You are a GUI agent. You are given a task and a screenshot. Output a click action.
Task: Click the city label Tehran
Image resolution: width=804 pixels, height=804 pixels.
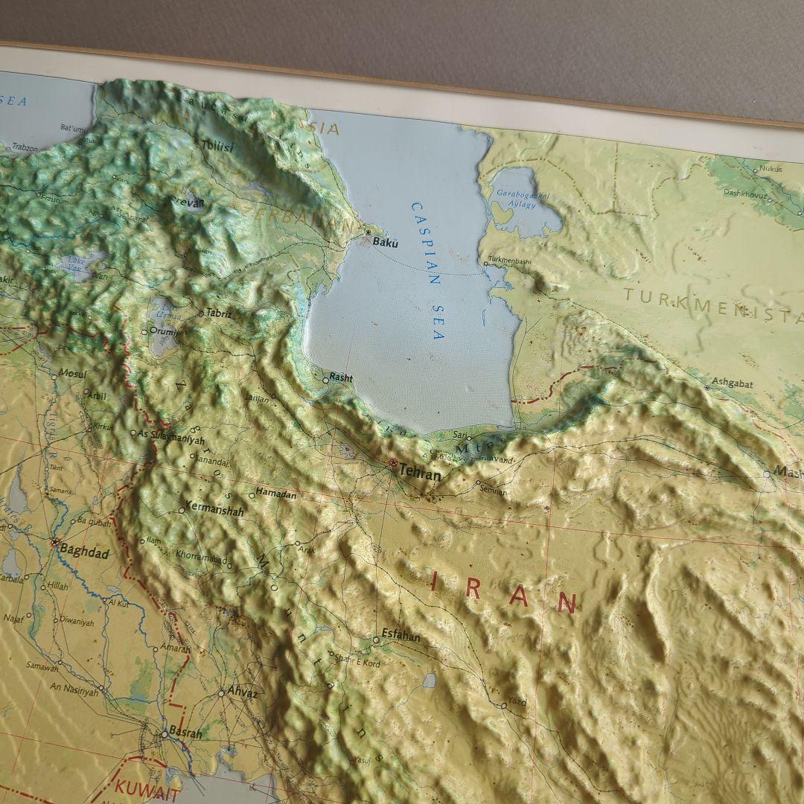pyautogui.click(x=421, y=472)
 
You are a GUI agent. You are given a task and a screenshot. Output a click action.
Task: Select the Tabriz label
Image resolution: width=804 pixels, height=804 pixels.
pyautogui.click(x=219, y=313)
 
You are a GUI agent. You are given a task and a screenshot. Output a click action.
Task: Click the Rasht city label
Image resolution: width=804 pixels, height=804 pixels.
pyautogui.click(x=341, y=378)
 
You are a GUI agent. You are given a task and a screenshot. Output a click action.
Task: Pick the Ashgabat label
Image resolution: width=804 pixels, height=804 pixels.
pyautogui.click(x=733, y=383)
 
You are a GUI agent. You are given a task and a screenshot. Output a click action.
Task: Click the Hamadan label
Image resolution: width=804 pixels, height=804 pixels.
pyautogui.click(x=275, y=493)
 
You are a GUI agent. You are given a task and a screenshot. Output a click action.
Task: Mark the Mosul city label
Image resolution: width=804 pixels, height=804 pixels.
pyautogui.click(x=73, y=374)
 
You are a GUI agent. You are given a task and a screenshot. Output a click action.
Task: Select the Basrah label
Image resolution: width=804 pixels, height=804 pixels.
pyautogui.click(x=185, y=733)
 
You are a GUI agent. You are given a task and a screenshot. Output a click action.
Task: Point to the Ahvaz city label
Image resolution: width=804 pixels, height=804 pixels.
pyautogui.click(x=243, y=692)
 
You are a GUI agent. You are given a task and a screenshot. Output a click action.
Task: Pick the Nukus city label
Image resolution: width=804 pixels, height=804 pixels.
pyautogui.click(x=771, y=169)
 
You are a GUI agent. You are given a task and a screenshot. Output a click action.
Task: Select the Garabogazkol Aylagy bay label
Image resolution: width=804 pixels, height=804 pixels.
pyautogui.click(x=523, y=200)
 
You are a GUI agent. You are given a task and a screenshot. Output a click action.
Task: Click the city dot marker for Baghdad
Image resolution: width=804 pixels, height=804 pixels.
pyautogui.click(x=54, y=543)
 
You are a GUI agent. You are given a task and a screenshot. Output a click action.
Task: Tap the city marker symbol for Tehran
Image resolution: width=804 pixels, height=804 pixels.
pyautogui.click(x=392, y=463)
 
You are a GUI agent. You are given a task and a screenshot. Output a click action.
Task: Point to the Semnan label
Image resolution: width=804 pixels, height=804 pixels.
pyautogui.click(x=494, y=491)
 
